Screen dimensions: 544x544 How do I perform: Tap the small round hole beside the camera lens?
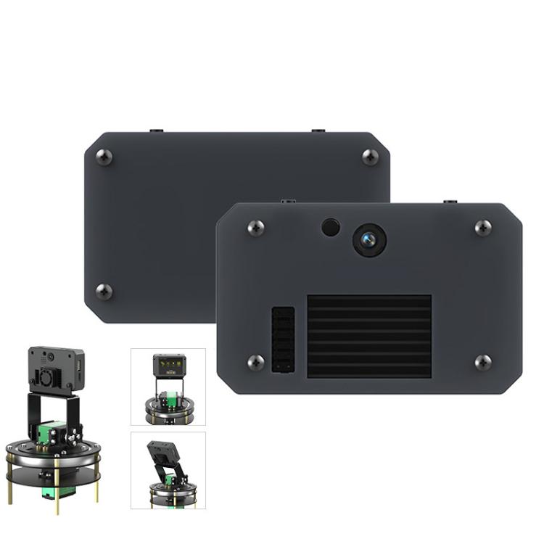click(331, 227)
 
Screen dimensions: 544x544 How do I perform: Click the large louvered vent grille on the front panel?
click(369, 336)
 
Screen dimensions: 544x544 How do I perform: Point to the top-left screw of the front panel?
click(255, 228)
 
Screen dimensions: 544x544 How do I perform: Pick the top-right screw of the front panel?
click(483, 228)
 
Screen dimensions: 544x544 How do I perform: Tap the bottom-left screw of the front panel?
click(255, 362)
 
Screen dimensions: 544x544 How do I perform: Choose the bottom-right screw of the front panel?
click(483, 362)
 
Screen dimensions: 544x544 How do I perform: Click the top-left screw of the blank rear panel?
click(104, 157)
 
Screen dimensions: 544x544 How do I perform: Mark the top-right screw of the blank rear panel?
click(370, 157)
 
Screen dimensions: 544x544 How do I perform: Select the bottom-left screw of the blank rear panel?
click(104, 292)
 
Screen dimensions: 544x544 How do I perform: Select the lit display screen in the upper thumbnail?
click(168, 363)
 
